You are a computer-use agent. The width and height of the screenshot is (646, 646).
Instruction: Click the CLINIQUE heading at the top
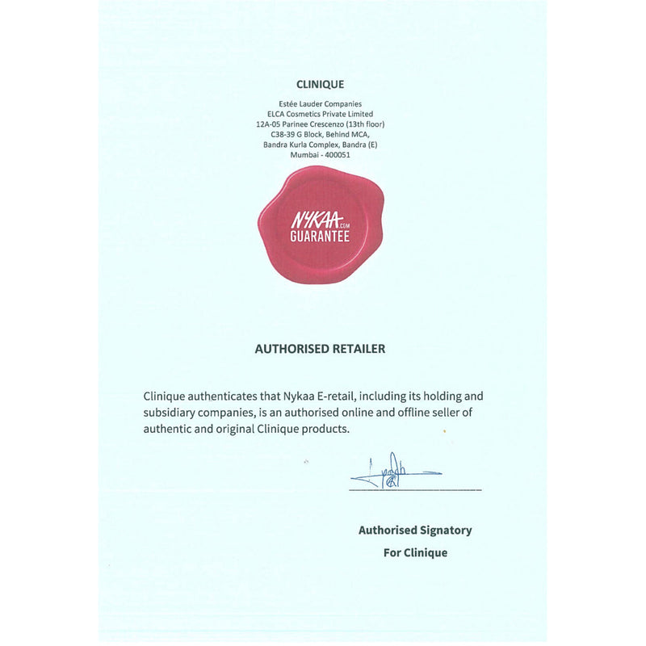(321, 84)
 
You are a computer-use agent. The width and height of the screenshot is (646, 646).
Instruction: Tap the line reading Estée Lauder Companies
(320, 104)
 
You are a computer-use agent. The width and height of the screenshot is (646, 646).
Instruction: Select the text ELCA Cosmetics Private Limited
(320, 114)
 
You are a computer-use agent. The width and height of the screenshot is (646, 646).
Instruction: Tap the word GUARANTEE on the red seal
(320, 237)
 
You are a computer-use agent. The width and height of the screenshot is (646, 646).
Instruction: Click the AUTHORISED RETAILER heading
(320, 349)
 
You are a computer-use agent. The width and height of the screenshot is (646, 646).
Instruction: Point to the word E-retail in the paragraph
(337, 396)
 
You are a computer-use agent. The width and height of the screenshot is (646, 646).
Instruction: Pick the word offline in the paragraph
(419, 413)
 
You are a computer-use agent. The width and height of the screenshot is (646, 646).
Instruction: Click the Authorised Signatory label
(415, 531)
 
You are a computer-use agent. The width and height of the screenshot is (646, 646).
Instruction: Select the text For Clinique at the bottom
(415, 553)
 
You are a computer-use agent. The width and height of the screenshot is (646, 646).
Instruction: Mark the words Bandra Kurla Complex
(301, 145)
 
